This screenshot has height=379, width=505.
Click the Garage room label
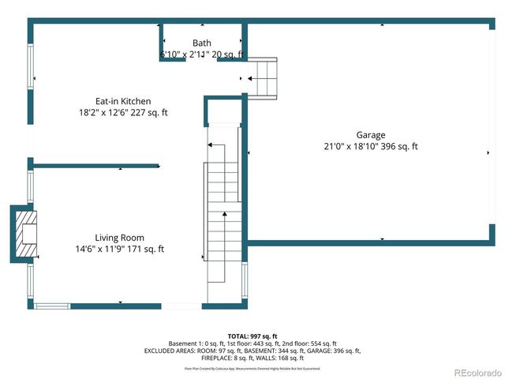370,135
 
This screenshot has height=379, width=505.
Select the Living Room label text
119,238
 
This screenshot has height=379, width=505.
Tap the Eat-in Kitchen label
123,101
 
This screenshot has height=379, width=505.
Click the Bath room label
201,43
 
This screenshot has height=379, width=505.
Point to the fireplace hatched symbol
26,234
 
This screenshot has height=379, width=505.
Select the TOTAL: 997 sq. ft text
252,336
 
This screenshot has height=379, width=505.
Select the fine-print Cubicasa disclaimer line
252,368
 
